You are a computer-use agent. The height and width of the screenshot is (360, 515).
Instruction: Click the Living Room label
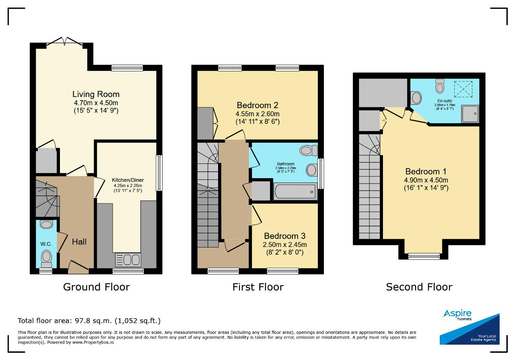[x=96, y=94]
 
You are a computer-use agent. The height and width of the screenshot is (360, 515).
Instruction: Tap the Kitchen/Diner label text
[x=128, y=180]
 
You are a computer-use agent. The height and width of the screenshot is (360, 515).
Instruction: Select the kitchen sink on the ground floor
[x=128, y=260]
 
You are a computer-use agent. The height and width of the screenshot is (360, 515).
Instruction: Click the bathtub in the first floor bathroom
[x=295, y=191]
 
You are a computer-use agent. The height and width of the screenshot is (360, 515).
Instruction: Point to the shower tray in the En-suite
[x=470, y=114]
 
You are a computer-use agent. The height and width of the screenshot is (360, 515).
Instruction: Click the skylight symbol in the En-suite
[x=463, y=89]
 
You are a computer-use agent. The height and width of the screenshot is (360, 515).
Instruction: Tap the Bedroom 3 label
[x=284, y=236]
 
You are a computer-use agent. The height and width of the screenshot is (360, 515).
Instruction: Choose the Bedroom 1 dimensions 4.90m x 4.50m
[x=426, y=180]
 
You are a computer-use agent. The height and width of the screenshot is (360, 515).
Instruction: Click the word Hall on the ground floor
[x=79, y=242]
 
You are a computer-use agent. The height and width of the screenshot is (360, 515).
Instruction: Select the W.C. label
[x=46, y=244]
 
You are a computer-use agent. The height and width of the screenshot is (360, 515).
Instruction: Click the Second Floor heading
[x=419, y=287]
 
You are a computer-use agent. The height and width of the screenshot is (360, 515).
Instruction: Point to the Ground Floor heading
[x=96, y=287]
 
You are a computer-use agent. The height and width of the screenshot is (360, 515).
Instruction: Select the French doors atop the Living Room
[x=65, y=41]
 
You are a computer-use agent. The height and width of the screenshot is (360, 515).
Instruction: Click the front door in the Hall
[x=78, y=267]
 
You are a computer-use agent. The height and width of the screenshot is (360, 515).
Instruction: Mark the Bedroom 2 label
[x=257, y=105]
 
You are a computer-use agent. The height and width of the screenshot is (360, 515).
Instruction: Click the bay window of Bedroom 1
[x=424, y=256]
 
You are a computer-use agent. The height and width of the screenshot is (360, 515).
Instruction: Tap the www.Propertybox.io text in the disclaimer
[x=93, y=342]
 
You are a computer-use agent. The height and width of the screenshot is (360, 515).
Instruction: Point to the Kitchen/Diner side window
[x=159, y=173]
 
